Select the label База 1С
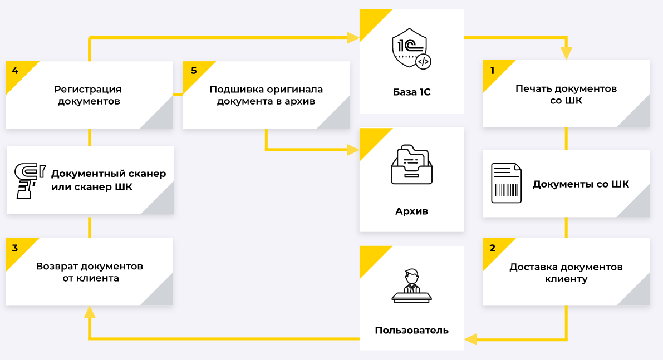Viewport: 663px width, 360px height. tap(411, 92)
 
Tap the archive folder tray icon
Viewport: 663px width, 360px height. tap(411, 165)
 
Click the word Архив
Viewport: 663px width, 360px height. tap(411, 211)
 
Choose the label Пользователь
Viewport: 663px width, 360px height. tap(411, 331)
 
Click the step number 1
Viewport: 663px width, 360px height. tap(492, 71)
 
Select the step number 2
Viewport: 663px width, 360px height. tap(492, 248)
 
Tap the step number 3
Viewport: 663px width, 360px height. tap(15, 248)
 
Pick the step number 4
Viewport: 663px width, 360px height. tap(15, 71)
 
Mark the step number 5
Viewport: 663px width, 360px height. tap(193, 71)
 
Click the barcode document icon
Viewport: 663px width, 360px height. tap(506, 183)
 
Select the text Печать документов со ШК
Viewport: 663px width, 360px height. tap(566, 95)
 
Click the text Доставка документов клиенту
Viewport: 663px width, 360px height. tap(566, 273)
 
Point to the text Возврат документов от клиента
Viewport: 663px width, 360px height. tap(90, 272)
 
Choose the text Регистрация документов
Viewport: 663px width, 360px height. tap(89, 95)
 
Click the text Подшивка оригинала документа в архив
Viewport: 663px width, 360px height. tap(266, 95)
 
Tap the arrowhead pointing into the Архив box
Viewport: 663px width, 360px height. tap(353, 150)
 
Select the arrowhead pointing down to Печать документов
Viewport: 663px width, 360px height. tap(566, 54)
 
